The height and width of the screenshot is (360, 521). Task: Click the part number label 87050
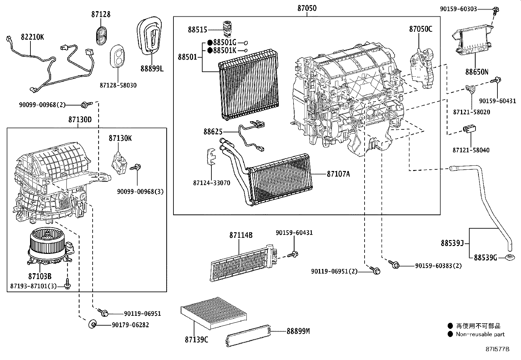click(307, 8)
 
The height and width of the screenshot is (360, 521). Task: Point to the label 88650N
click(476, 71)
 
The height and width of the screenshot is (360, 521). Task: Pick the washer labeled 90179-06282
click(92, 325)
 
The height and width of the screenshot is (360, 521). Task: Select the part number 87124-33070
click(211, 183)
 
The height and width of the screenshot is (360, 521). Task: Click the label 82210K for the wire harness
click(32, 37)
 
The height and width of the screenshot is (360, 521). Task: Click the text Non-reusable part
click(480, 334)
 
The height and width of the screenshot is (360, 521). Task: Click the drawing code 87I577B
click(497, 350)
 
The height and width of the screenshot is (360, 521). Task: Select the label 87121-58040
click(471, 150)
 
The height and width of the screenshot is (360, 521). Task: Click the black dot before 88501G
click(210, 43)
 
